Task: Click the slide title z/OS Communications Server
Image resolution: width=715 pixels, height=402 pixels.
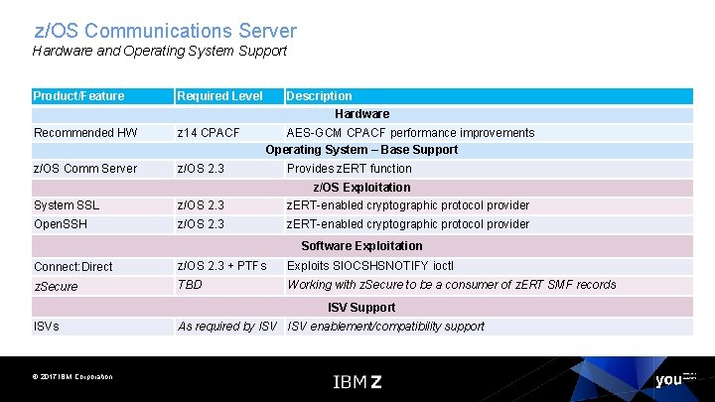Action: (165, 32)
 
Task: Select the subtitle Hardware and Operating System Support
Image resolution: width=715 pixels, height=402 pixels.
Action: (160, 51)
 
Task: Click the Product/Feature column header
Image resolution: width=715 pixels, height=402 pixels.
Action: (79, 96)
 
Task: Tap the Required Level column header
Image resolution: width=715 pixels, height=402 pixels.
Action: (219, 96)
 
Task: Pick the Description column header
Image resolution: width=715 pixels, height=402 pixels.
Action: (319, 96)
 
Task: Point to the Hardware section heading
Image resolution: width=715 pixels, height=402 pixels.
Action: (361, 114)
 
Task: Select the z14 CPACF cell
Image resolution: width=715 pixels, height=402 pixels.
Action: (208, 133)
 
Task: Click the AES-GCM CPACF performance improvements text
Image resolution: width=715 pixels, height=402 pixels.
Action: (410, 133)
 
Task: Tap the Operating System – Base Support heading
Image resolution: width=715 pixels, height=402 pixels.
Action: (361, 150)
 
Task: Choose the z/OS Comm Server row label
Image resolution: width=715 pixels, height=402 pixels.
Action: (85, 169)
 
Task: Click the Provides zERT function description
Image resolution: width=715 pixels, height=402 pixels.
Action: (349, 169)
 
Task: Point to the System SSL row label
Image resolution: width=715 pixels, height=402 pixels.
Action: (67, 205)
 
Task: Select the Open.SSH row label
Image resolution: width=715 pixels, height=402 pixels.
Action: (61, 224)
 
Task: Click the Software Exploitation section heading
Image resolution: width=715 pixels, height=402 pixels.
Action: (361, 245)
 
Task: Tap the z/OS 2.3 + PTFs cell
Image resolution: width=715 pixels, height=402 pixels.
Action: (221, 266)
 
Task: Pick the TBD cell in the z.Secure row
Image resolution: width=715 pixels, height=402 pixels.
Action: (189, 285)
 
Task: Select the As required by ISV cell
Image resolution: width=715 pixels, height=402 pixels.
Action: (226, 327)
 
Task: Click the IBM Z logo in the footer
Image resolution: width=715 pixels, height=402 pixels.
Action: (357, 381)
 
